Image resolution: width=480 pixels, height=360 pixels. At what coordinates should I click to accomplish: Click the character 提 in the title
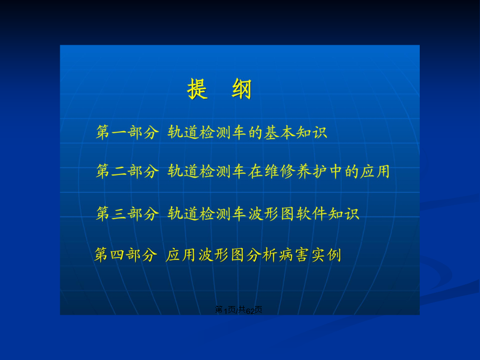[197, 89]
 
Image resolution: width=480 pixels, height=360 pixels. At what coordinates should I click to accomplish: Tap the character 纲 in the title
[242, 89]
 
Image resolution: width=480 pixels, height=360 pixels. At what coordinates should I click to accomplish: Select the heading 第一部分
[127, 132]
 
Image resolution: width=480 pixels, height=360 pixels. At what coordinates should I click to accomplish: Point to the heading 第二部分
[127, 171]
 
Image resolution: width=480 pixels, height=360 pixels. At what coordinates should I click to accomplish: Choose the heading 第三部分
[127, 213]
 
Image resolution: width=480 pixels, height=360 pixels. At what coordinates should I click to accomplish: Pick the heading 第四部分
[125, 255]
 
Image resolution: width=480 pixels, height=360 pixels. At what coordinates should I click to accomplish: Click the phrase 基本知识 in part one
[296, 132]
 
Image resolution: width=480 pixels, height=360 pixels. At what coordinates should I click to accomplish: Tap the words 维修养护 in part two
[296, 171]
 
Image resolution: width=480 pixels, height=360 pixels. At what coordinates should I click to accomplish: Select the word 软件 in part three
[312, 213]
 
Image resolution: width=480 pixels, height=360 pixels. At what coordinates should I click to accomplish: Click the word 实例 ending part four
[326, 255]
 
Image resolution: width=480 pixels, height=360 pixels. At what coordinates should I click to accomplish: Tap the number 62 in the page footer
[250, 311]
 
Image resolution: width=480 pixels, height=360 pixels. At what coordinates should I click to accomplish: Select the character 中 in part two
[336, 171]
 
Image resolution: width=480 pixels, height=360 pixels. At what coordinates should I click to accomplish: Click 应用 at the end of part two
[375, 171]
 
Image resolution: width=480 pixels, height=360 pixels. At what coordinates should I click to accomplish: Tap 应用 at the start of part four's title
[181, 255]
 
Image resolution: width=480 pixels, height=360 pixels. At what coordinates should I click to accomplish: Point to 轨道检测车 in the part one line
[207, 132]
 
